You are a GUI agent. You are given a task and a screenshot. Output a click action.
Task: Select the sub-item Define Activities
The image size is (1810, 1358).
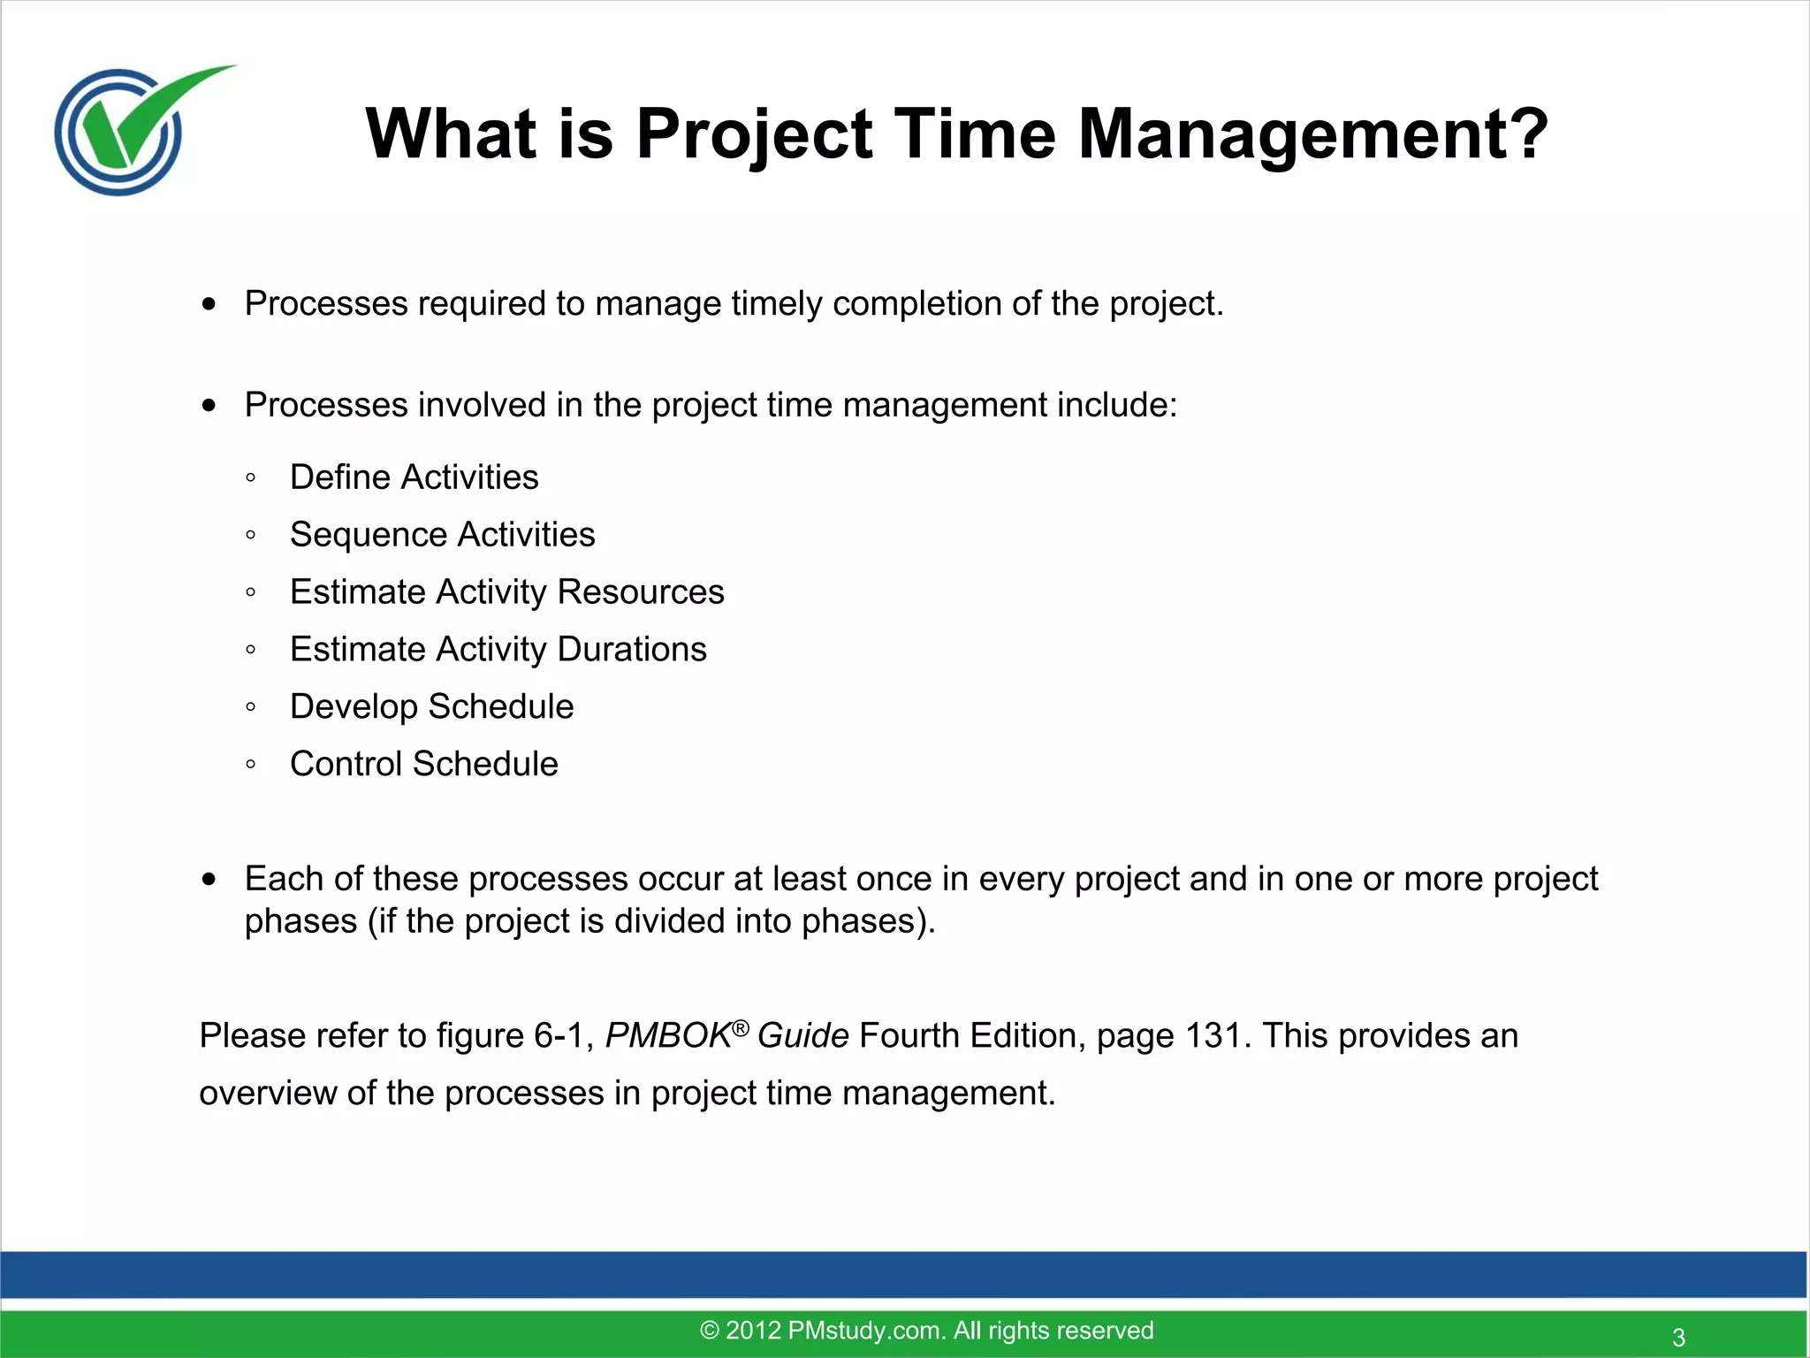click(x=414, y=477)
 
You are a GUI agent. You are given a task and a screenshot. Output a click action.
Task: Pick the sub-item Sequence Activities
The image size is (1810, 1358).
click(x=442, y=535)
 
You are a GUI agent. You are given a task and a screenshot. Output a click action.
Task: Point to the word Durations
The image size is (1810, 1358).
click(x=632, y=650)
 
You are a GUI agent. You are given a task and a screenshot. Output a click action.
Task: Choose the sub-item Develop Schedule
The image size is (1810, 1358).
click(x=431, y=707)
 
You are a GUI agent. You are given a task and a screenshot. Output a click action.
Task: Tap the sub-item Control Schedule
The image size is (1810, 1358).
click(x=423, y=765)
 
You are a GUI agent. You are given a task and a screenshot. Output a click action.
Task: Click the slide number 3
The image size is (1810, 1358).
click(x=1678, y=1337)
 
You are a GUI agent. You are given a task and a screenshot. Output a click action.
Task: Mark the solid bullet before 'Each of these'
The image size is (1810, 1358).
click(x=209, y=880)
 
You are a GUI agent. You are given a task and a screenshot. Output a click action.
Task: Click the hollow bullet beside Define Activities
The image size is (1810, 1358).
click(x=251, y=478)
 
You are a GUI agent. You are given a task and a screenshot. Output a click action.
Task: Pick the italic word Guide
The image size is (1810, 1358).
click(x=802, y=1036)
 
